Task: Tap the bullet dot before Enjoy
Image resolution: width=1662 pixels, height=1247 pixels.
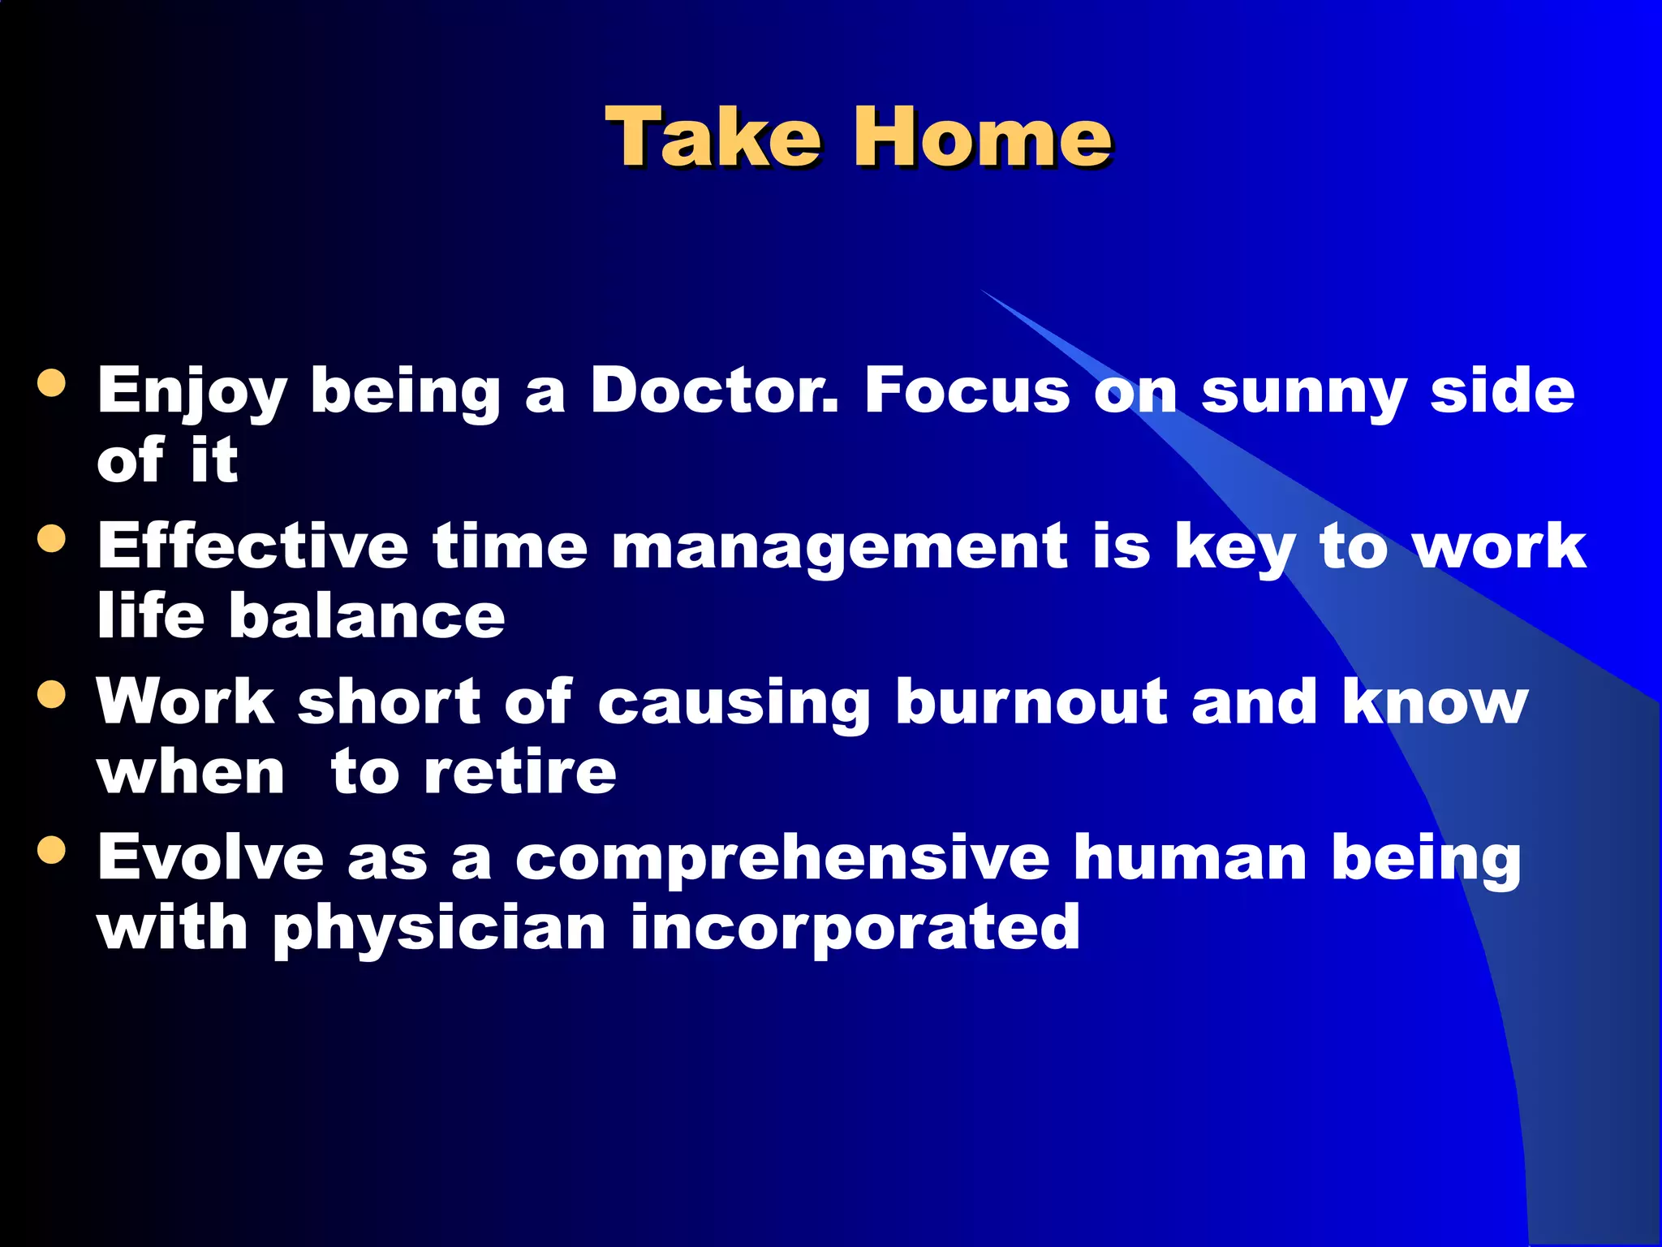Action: click(51, 383)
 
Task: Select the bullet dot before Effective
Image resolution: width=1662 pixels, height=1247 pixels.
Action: click(51, 538)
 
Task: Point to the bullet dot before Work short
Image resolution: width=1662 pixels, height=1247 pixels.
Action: click(51, 694)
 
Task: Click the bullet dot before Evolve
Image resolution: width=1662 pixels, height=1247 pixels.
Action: click(51, 850)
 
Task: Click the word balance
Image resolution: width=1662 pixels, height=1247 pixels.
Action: click(367, 615)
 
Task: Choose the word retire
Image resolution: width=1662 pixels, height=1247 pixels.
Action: click(519, 771)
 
